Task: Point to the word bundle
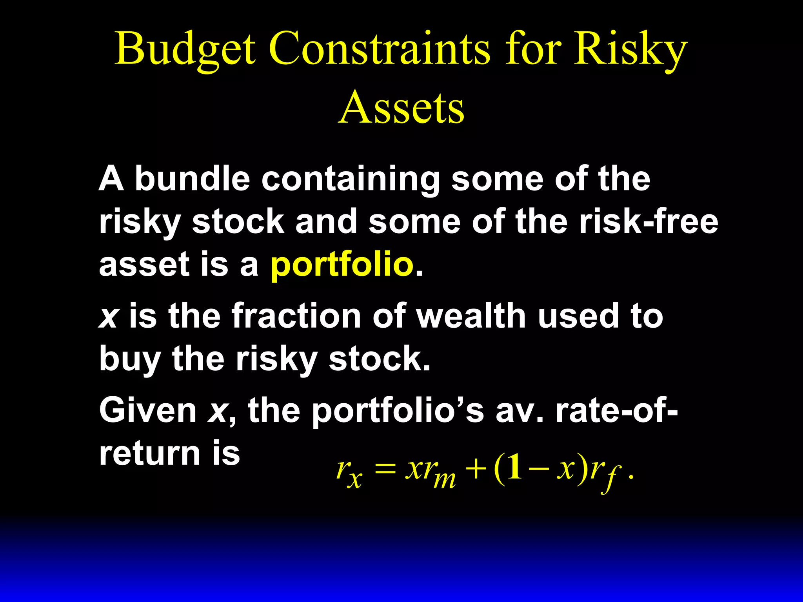193,178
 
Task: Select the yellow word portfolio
342,265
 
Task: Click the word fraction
296,316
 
